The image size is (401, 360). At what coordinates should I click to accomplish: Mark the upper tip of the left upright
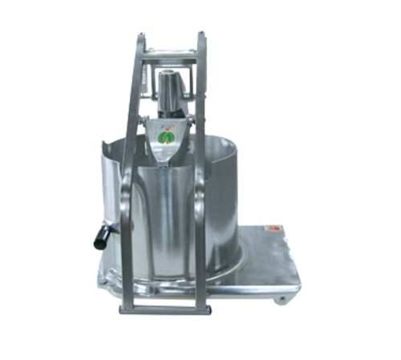point(142,34)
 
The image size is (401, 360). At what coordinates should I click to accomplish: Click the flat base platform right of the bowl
point(269,257)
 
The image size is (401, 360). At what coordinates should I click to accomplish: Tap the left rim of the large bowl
point(105,152)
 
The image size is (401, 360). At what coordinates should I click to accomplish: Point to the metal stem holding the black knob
point(110,230)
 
